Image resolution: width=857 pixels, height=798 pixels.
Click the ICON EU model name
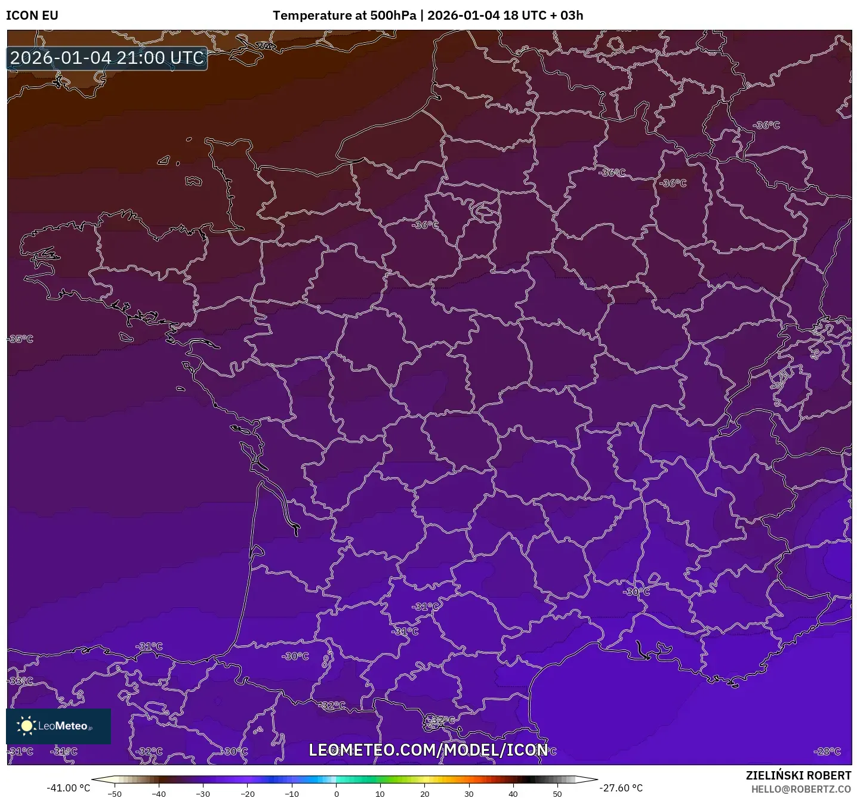(32, 16)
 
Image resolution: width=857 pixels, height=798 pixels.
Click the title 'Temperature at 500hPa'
(344, 16)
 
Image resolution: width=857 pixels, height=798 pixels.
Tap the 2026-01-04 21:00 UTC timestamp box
(107, 58)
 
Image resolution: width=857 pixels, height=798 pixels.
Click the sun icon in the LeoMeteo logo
(26, 726)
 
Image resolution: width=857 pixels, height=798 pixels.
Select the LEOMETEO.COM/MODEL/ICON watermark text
(428, 750)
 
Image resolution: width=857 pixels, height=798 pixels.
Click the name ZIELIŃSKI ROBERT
(799, 775)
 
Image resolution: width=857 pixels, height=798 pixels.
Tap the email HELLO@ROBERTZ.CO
(801, 789)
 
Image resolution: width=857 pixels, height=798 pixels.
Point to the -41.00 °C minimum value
(68, 788)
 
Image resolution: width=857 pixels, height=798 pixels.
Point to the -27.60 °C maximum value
(621, 788)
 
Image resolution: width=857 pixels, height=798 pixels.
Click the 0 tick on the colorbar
(337, 793)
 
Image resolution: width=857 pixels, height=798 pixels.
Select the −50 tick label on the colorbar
(114, 793)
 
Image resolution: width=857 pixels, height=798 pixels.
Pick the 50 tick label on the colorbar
(557, 793)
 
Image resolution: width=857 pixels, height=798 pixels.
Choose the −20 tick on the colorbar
(247, 793)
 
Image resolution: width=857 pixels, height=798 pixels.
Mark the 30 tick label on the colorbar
(469, 793)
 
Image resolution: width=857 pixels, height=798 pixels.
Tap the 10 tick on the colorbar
(380, 793)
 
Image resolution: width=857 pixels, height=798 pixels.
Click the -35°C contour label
(21, 339)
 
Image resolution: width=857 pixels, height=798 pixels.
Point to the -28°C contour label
(827, 751)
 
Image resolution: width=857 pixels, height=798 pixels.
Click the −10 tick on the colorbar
(291, 793)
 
